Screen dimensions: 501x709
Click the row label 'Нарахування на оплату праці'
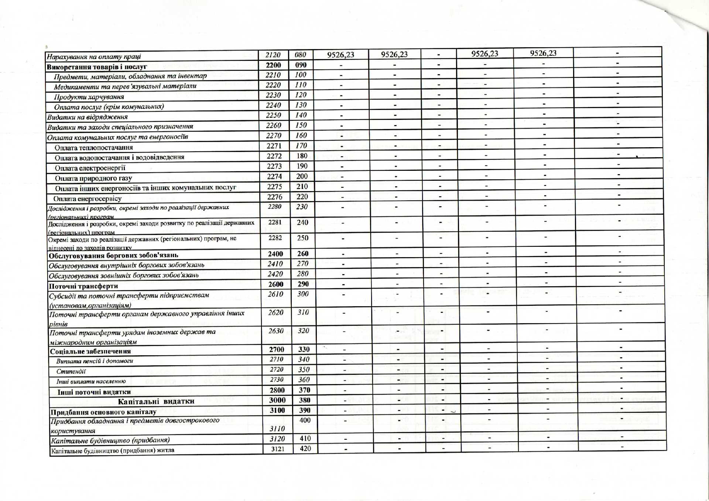pyautogui.click(x=94, y=57)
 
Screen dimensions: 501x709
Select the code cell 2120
pyautogui.click(x=273, y=55)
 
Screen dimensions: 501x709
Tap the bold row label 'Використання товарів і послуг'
pyautogui.click(x=97, y=67)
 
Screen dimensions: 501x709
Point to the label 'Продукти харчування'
pyautogui.click(x=89, y=97)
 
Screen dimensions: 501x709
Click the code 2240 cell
pyautogui.click(x=273, y=105)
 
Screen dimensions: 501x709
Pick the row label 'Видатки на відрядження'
pyautogui.click(x=88, y=117)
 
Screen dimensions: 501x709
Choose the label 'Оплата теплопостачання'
pyautogui.click(x=94, y=148)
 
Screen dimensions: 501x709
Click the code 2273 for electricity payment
pyautogui.click(x=274, y=166)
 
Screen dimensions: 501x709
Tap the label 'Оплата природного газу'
pyautogui.click(x=93, y=178)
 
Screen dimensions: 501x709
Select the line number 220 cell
pyautogui.click(x=302, y=197)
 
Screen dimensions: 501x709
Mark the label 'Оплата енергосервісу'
pyautogui.click(x=88, y=198)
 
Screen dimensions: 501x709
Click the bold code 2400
pyautogui.click(x=275, y=254)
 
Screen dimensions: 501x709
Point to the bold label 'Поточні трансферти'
pyautogui.click(x=83, y=286)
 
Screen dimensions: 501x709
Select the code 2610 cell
pyautogui.click(x=275, y=294)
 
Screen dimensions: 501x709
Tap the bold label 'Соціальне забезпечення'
pyautogui.click(x=90, y=351)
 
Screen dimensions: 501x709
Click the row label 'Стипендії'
pyautogui.click(x=71, y=372)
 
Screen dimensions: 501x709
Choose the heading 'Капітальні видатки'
pyautogui.click(x=156, y=401)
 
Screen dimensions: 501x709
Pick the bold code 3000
pyautogui.click(x=277, y=400)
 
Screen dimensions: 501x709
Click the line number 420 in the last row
pyautogui.click(x=305, y=449)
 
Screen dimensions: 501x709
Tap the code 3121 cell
pyautogui.click(x=278, y=449)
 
